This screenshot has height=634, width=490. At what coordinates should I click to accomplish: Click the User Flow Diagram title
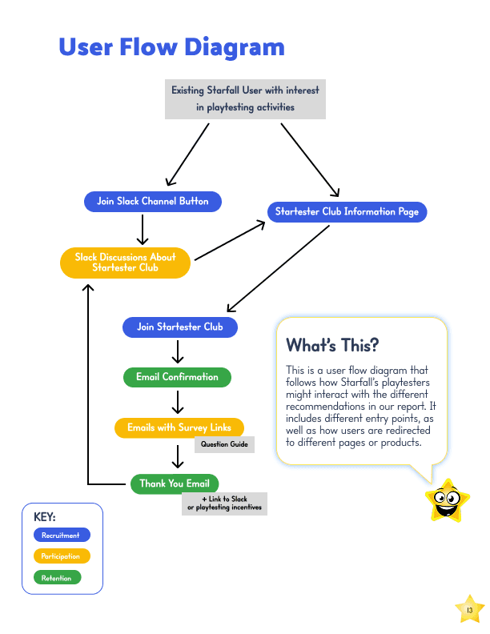pyautogui.click(x=171, y=47)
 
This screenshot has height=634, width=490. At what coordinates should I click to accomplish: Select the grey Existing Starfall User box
pyautogui.click(x=245, y=99)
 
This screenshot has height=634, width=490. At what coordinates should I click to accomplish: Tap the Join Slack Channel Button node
pyautogui.click(x=153, y=202)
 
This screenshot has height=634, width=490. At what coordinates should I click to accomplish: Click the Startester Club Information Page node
pyautogui.click(x=347, y=212)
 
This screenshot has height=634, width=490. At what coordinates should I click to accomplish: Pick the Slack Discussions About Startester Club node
pyautogui.click(x=126, y=263)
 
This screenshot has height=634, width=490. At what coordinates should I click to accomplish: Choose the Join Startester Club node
pyautogui.click(x=180, y=327)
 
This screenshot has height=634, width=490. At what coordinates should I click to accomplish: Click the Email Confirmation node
pyautogui.click(x=177, y=377)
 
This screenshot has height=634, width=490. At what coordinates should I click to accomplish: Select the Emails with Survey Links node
pyautogui.click(x=179, y=427)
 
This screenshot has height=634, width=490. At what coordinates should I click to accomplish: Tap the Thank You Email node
pyautogui.click(x=175, y=484)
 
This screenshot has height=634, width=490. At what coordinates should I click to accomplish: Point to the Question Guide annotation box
pyautogui.click(x=224, y=444)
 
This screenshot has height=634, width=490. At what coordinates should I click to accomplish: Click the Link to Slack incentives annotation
pyautogui.click(x=224, y=504)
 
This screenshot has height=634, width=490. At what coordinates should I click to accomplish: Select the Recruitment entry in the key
pyautogui.click(x=62, y=535)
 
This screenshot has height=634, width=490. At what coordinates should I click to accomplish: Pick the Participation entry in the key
pyautogui.click(x=62, y=556)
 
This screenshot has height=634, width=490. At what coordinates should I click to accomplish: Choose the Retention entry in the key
pyautogui.click(x=57, y=577)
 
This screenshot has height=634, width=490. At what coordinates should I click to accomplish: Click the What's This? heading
pyautogui.click(x=332, y=346)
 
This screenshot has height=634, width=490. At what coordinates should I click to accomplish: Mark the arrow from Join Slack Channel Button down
pyautogui.click(x=143, y=229)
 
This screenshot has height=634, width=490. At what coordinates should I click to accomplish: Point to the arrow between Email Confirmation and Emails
pyautogui.click(x=178, y=402)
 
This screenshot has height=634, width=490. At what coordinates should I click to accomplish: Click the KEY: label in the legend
pyautogui.click(x=45, y=517)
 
